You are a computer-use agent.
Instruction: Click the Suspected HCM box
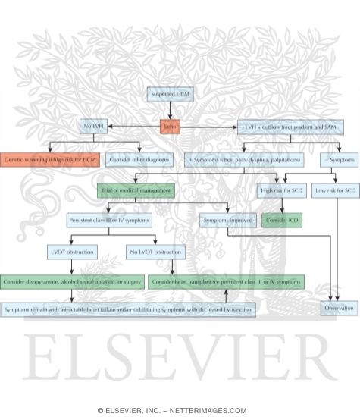[168, 94]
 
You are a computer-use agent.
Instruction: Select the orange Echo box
[170, 127]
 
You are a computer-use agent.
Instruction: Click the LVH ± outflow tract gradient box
[290, 127]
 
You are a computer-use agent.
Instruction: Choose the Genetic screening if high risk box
[50, 159]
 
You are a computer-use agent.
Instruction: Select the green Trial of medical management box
[136, 190]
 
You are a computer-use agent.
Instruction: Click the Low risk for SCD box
[335, 190]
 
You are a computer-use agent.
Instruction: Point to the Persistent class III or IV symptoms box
[108, 220]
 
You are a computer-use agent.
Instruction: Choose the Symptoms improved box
[227, 220]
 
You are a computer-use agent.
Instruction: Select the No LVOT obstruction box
[156, 251]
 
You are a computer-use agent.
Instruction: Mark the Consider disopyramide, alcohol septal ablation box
[72, 281]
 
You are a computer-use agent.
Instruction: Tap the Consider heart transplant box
[226, 281]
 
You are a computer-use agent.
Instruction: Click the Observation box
[339, 308]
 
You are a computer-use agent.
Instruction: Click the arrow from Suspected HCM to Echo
[169, 110]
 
